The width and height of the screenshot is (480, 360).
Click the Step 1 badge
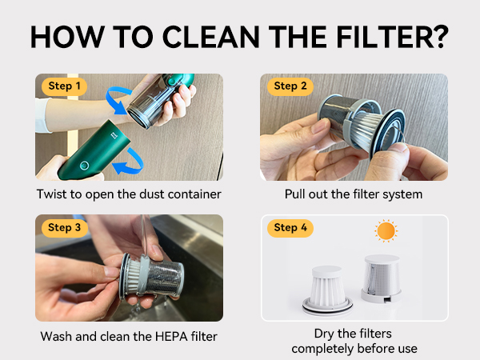tap(64, 86)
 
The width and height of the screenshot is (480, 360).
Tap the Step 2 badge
tap(290, 86)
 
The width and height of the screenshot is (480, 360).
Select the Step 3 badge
tap(65, 228)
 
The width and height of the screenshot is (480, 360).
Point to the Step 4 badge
tap(290, 228)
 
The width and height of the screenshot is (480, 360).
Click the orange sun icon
tap(386, 231)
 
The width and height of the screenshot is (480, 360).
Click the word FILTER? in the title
tap(392, 37)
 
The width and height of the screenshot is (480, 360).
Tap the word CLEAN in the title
tap(211, 37)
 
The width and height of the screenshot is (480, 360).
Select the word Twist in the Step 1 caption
tap(51, 194)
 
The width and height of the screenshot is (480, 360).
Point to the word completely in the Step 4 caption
tap(322, 349)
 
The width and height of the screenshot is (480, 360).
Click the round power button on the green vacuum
tap(85, 166)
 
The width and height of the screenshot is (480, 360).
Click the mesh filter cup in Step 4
tap(381, 278)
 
